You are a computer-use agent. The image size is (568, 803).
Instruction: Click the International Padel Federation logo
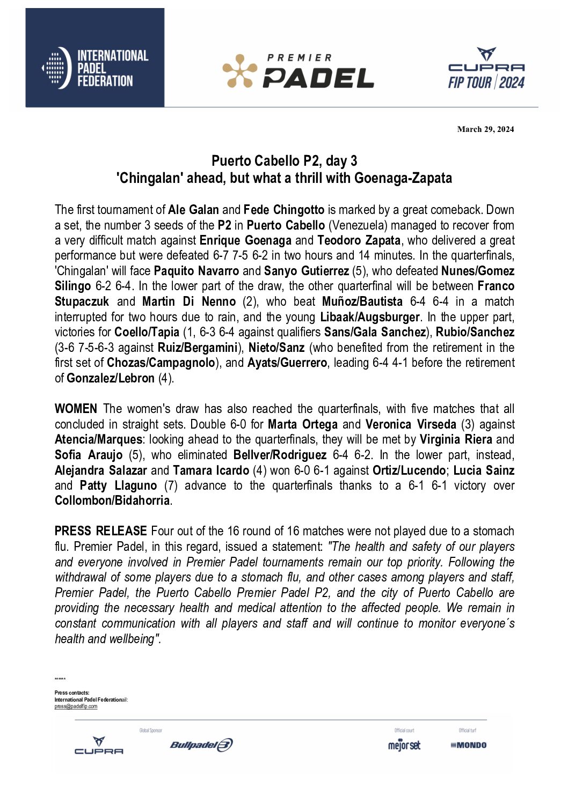95,68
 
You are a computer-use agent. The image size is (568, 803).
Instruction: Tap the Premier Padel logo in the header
298,71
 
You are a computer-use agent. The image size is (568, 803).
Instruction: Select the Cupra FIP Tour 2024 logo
486,69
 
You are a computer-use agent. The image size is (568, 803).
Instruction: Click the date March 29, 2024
485,129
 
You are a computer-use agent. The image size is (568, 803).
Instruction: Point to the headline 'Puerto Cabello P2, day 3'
284,160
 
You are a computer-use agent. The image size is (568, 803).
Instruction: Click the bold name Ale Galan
193,210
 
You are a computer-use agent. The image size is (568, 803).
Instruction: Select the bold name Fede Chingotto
284,210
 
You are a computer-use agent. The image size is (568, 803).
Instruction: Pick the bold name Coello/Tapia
147,333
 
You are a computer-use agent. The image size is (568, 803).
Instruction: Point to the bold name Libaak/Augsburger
370,317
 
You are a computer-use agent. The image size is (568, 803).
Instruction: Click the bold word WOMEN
76,409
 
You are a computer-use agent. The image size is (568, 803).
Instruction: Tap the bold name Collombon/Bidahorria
112,501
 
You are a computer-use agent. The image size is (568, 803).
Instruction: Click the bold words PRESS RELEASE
100,531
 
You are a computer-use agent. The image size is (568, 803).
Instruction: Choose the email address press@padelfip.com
76,706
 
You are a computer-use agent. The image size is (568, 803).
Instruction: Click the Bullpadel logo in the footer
201,745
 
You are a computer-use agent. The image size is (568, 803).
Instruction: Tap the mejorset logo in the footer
404,745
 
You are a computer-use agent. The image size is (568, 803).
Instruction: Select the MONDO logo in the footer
468,745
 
